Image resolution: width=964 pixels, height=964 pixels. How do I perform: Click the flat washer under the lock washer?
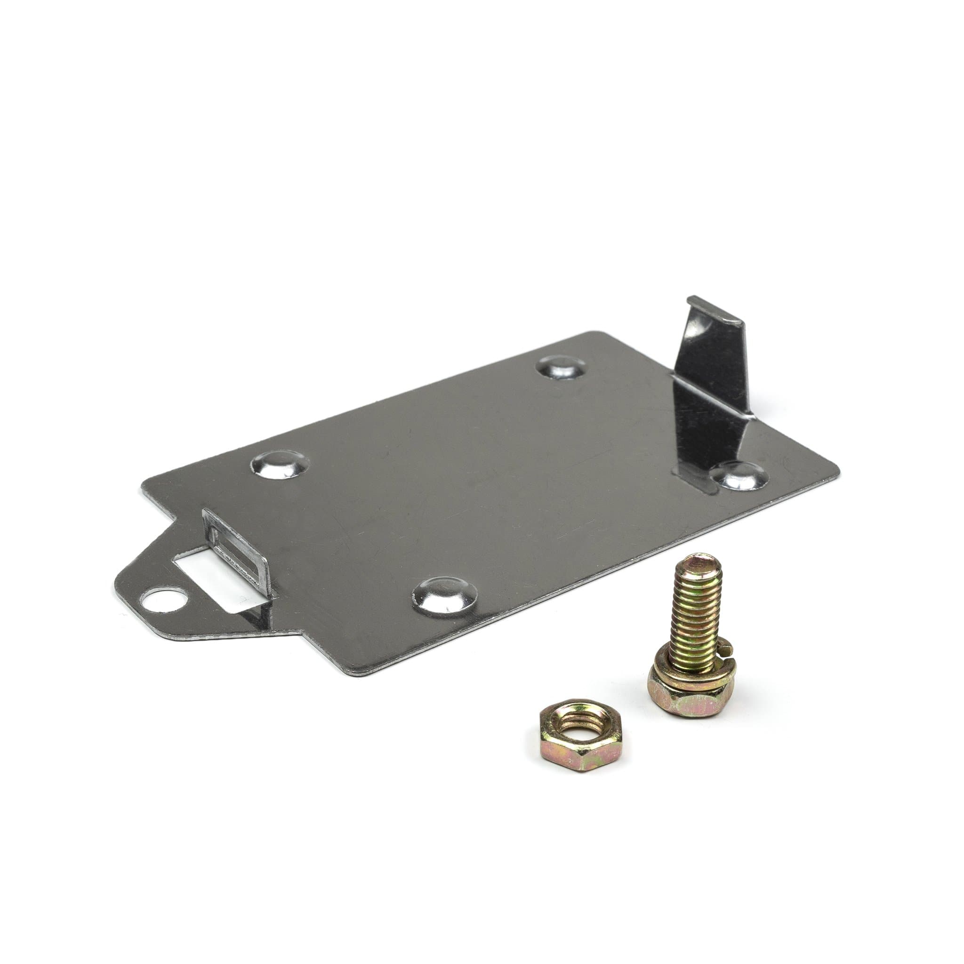[x=683, y=671]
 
